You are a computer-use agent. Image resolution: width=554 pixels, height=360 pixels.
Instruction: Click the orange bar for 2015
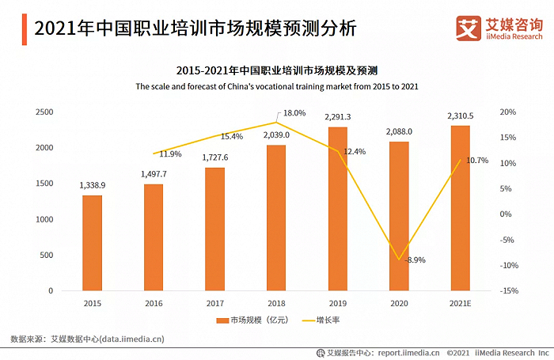92,243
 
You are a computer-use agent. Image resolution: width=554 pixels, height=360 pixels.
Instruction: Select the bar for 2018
276,218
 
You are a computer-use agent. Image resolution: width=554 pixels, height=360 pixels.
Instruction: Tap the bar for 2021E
461,208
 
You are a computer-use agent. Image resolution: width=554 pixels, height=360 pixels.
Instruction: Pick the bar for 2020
399,216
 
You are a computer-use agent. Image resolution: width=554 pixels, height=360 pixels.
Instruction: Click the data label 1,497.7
154,173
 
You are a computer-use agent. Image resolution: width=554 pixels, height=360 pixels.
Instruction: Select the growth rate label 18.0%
294,113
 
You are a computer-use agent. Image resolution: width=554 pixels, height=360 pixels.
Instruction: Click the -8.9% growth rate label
415,260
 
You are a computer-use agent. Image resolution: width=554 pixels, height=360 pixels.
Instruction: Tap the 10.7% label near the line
478,161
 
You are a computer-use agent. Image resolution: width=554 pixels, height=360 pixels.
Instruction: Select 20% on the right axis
508,112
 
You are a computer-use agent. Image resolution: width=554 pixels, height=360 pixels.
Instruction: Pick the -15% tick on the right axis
508,291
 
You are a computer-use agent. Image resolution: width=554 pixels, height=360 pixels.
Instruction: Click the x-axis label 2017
214,302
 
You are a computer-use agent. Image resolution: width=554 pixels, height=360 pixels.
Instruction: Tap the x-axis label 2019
338,302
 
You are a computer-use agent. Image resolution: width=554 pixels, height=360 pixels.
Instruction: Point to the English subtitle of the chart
276,85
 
